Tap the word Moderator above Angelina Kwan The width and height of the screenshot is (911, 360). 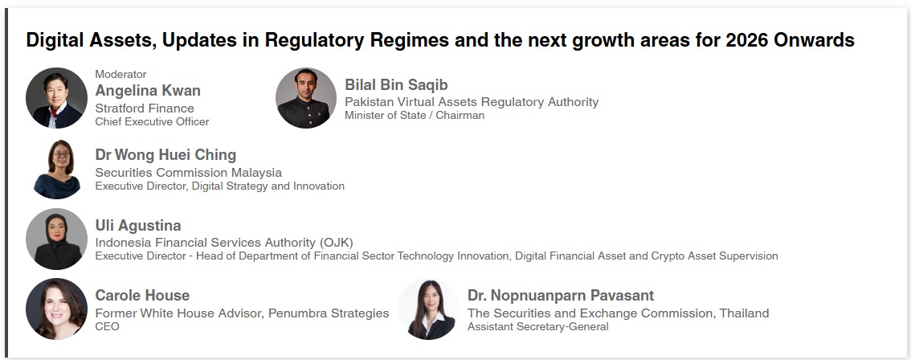[x=121, y=75]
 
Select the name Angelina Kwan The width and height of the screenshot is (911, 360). [x=148, y=91]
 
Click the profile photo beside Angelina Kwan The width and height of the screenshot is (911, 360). [x=56, y=98]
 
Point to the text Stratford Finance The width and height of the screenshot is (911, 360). [x=145, y=108]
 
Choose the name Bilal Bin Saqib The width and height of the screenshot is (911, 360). [x=396, y=85]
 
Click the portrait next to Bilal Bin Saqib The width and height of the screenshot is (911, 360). [x=306, y=98]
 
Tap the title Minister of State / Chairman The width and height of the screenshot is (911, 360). [x=415, y=115]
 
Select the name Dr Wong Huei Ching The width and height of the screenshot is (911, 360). [x=165, y=155]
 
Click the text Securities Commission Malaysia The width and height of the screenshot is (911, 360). [x=189, y=173]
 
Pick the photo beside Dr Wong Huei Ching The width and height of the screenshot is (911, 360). [x=56, y=169]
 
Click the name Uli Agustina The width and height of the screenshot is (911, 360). [x=138, y=226]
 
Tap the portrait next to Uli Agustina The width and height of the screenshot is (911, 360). [x=56, y=239]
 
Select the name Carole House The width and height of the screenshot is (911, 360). [x=142, y=296]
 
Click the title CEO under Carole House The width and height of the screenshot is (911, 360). [x=108, y=326]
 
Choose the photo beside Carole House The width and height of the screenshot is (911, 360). [x=56, y=309]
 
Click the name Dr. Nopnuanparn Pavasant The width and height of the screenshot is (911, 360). [x=561, y=296]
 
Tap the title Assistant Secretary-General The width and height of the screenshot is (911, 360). [x=538, y=327]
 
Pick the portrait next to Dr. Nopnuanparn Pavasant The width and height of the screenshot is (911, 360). [x=429, y=309]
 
